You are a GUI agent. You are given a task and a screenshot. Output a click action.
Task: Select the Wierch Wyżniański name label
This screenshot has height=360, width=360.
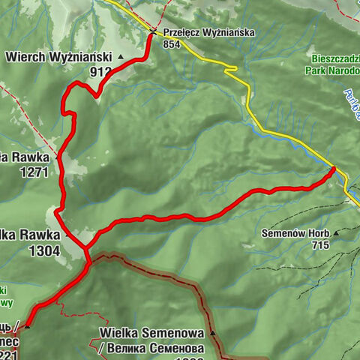58,56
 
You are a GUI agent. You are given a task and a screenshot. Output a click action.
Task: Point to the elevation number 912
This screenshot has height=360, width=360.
100,72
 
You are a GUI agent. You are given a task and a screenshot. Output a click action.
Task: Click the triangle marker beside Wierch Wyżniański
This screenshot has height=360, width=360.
120,56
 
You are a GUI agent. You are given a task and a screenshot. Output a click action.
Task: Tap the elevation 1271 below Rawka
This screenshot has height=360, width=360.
34,172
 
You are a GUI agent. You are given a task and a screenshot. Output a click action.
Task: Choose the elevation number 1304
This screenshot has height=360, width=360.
44,251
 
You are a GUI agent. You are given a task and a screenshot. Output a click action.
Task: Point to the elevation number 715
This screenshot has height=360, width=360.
320,244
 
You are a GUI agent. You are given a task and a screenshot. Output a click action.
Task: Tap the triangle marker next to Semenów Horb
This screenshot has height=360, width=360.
336,233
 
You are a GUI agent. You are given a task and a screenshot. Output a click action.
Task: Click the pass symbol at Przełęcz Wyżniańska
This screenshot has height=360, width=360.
152,32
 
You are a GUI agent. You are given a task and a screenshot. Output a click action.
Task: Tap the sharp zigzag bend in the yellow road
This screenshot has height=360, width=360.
232,70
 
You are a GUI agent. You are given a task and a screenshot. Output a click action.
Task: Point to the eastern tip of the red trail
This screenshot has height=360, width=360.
334,169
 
